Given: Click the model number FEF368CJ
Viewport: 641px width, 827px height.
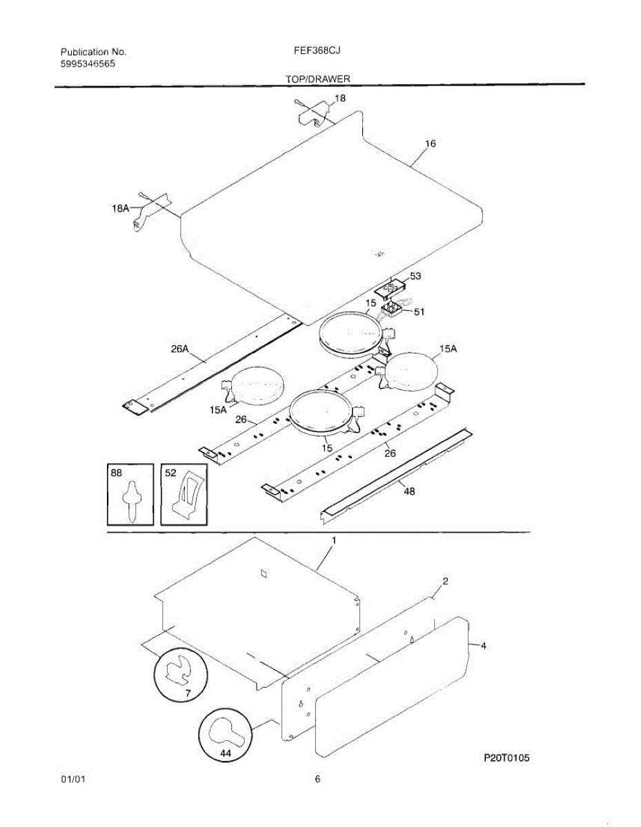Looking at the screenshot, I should (x=319, y=51).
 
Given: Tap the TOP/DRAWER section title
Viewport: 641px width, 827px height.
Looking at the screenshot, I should (x=318, y=79).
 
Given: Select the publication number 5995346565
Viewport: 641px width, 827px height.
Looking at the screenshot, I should (x=88, y=63).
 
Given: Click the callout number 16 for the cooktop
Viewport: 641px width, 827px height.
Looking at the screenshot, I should (x=430, y=144).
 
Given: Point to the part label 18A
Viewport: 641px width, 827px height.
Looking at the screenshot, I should (x=121, y=207).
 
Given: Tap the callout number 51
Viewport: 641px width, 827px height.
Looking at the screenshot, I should (x=419, y=312).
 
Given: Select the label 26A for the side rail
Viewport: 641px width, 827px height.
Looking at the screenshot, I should (x=180, y=349).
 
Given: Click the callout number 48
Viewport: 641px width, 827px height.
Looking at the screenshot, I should (x=408, y=492).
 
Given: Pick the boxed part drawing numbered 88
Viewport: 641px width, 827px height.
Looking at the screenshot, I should (x=130, y=494).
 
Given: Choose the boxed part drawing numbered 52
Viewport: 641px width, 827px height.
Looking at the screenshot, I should (x=184, y=494).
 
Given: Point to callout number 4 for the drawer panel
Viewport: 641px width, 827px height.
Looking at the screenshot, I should (x=483, y=646).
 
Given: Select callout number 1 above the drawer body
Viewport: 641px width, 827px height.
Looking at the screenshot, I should (x=334, y=542).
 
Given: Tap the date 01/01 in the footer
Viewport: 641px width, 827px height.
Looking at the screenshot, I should (x=72, y=780).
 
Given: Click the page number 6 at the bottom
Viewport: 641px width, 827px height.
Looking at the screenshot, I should (x=317, y=780).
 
